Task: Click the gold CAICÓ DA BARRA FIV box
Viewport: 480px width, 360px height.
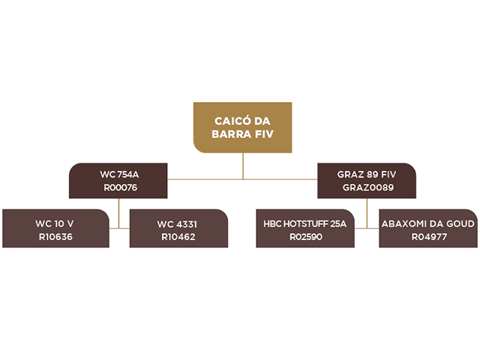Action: (x=242, y=127)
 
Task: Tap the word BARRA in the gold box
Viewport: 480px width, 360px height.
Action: (x=232, y=134)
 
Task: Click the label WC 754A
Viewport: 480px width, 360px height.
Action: (x=119, y=175)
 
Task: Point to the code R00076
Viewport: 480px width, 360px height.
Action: (x=120, y=187)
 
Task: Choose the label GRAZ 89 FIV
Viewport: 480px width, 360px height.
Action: (x=367, y=175)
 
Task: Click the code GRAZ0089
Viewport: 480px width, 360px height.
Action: (x=368, y=187)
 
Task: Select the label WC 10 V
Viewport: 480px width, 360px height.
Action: (x=55, y=223)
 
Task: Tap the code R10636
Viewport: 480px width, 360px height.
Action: (x=55, y=237)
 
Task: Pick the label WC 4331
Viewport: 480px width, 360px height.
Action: (x=177, y=224)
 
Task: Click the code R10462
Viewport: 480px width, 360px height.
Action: (x=178, y=237)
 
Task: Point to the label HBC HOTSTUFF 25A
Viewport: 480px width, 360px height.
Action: (x=305, y=223)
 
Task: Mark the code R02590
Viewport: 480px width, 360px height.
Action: (x=306, y=237)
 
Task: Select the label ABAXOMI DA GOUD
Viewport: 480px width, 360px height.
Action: (x=428, y=223)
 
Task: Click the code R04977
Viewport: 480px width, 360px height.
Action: (x=429, y=237)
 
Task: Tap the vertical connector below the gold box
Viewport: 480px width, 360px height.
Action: (x=243, y=166)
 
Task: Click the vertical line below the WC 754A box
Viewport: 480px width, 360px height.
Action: (x=118, y=213)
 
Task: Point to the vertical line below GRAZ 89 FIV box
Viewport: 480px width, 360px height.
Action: (x=367, y=213)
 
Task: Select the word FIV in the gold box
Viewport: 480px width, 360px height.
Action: (x=264, y=134)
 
